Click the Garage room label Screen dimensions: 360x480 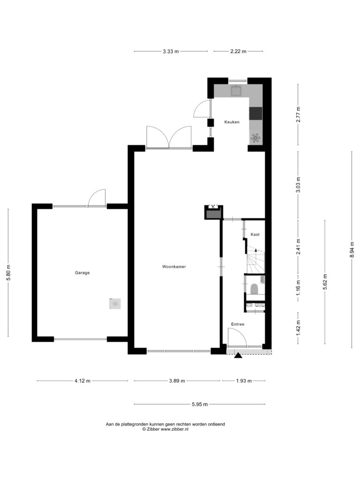82,273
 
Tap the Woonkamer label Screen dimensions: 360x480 174,267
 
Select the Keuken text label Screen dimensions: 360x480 232,122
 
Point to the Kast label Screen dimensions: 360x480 255,234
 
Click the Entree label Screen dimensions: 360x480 238,324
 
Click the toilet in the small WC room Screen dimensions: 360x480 254,288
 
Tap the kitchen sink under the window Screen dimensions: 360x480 236,90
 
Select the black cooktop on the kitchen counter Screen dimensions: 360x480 256,113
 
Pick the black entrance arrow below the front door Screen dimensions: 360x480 238,355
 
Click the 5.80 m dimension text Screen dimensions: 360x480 8,272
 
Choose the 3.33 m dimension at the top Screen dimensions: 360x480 171,52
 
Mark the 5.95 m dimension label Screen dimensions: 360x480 200,405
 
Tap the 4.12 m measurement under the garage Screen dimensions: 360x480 82,381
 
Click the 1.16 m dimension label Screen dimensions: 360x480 298,288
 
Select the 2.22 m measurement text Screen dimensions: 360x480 238,52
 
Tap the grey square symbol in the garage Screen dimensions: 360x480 115,304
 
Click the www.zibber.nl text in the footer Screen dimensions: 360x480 174,429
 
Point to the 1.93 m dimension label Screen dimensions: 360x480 244,381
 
